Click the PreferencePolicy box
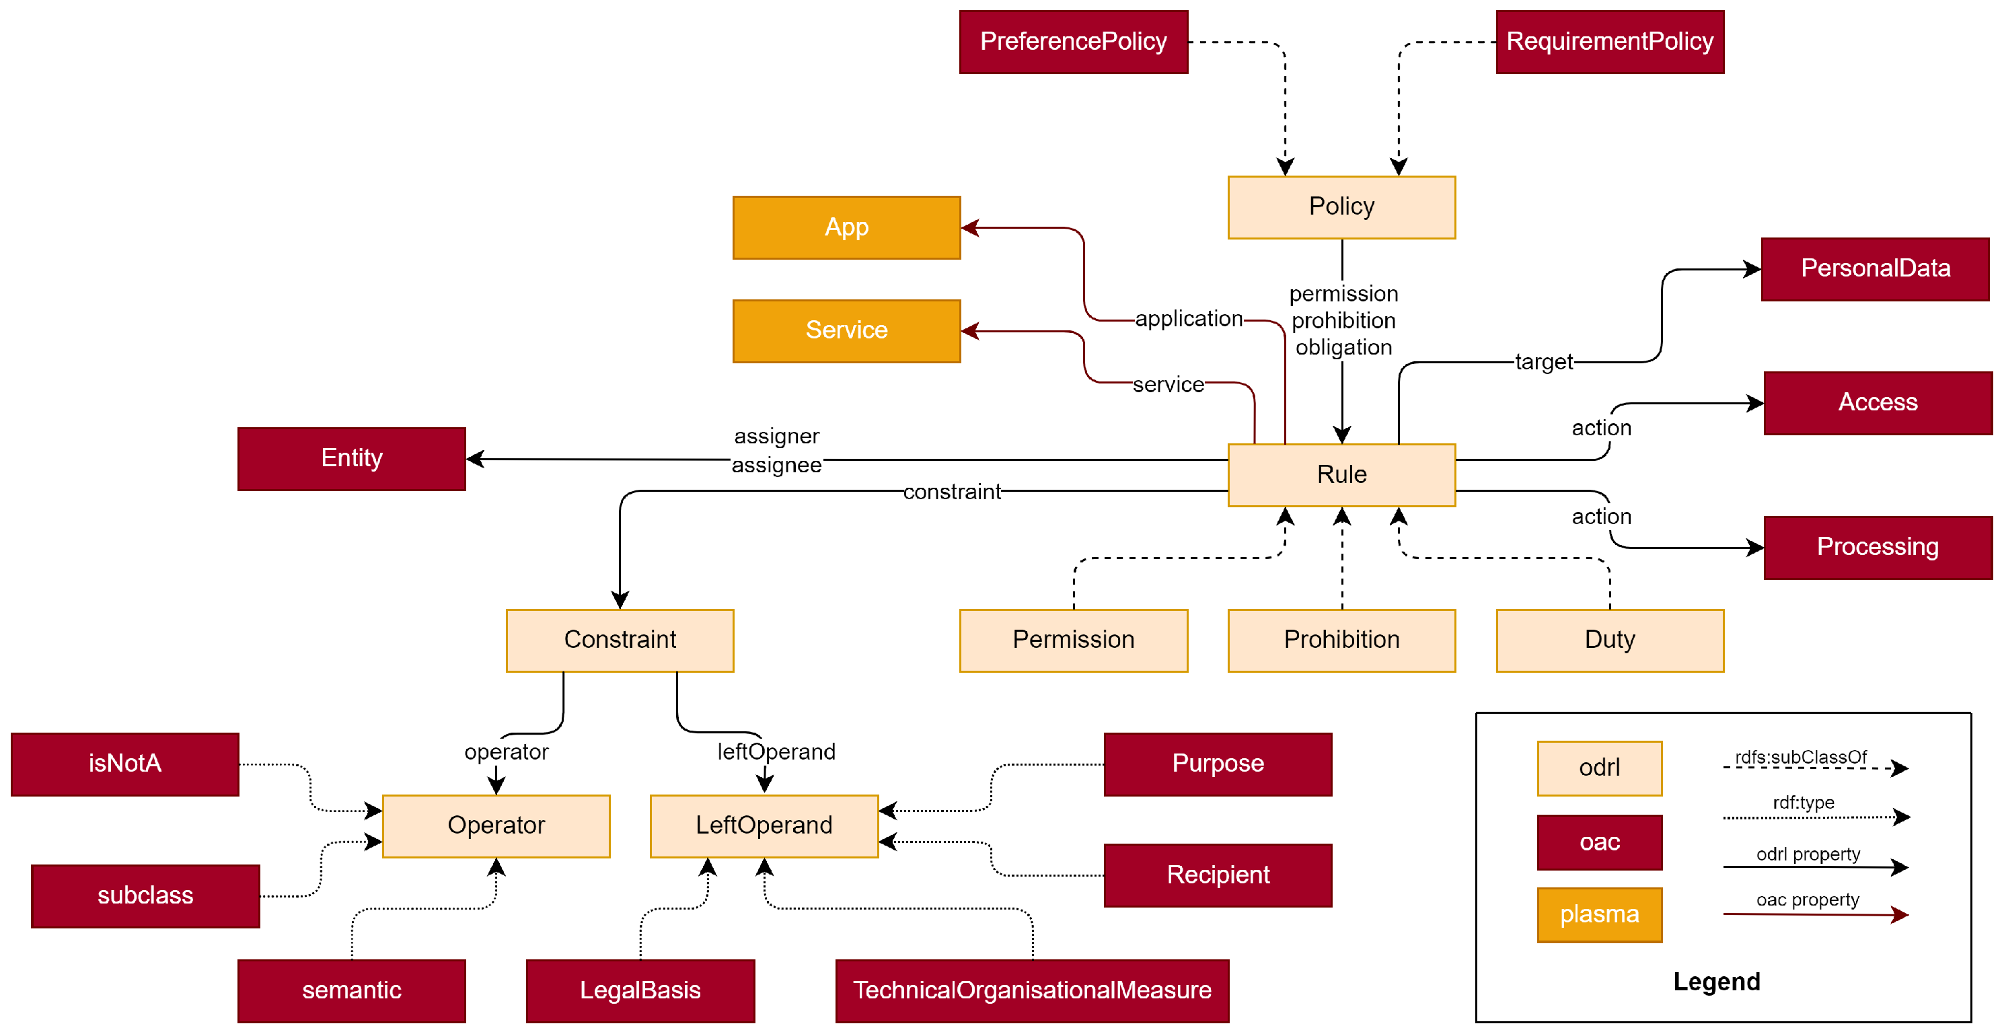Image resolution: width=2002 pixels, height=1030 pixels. pos(1073,42)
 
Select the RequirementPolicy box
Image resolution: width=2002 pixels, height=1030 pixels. pos(1610,42)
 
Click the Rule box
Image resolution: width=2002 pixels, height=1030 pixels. pos(1341,475)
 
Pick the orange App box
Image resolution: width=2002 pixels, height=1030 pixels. pos(846,228)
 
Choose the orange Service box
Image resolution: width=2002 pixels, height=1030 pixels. pos(846,331)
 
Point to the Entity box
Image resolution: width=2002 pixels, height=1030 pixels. pos(351,459)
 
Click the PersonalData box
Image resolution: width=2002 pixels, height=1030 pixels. pos(1875,269)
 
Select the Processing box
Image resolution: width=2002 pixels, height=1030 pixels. pos(1878,547)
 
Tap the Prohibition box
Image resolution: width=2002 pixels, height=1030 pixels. pos(1341,640)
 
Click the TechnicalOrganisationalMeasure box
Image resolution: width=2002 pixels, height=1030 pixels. pos(1032,991)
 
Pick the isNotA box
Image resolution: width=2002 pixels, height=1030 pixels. pos(125,764)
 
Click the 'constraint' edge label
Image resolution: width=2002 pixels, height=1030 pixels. pos(952,491)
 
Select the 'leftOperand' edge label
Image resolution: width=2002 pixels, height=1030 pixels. pos(776,751)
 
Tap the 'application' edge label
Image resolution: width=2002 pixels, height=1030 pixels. pos(1189,319)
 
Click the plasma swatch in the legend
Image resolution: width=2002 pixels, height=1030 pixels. pos(1600,915)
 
